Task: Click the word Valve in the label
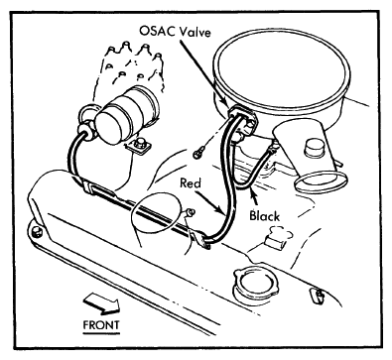[195, 32]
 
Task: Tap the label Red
[191, 182]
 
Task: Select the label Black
[264, 216]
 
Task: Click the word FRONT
[101, 325]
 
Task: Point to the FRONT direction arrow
[101, 303]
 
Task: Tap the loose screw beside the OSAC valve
[198, 153]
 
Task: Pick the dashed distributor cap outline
[135, 67]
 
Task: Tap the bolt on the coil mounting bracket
[141, 143]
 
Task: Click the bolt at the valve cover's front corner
[37, 232]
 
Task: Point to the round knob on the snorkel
[315, 149]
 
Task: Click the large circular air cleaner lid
[282, 70]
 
